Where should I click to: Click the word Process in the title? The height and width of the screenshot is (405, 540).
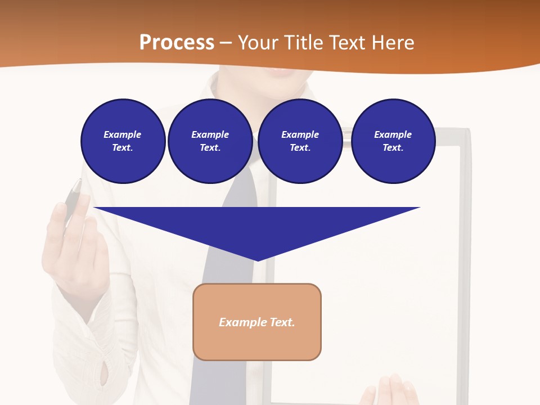(177, 43)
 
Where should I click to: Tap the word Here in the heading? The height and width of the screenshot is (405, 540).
(391, 43)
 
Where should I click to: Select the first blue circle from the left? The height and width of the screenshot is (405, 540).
(123, 141)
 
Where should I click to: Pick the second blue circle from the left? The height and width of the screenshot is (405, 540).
(210, 141)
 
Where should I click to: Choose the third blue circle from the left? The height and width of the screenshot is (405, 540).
(300, 141)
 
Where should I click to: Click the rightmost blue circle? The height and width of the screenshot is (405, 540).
(393, 141)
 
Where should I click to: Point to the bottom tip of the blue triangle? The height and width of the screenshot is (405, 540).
(257, 260)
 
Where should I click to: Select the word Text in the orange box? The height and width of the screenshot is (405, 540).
(283, 322)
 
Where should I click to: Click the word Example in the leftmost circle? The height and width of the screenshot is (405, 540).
(123, 134)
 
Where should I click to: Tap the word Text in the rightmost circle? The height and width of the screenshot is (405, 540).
(392, 148)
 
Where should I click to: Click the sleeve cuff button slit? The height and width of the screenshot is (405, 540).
(103, 371)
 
